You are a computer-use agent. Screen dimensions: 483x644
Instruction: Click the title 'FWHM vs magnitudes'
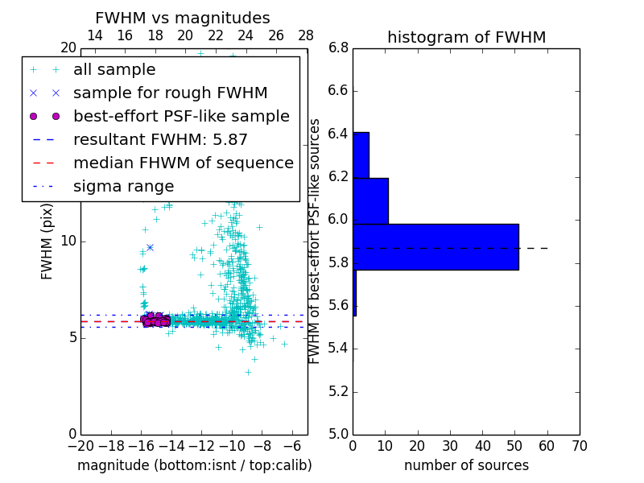pos(182,18)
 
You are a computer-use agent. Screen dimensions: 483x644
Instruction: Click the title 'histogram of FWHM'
pos(466,37)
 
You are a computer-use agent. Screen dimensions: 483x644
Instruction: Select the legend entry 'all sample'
pos(114,70)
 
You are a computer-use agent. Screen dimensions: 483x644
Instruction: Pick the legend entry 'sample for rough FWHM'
pos(170,93)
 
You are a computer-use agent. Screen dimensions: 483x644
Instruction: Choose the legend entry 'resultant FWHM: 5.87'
pos(160,140)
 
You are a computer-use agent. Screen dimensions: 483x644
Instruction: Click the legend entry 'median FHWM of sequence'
pos(183,163)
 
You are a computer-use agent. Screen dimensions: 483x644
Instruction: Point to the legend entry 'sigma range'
pos(123,187)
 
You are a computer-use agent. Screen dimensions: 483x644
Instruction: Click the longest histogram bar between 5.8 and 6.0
pos(436,246)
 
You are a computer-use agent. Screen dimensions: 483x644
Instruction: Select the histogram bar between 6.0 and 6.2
pos(370,200)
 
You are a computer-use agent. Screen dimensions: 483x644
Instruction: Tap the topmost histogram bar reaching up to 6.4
pos(361,155)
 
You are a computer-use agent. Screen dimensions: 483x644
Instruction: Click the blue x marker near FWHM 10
pos(150,247)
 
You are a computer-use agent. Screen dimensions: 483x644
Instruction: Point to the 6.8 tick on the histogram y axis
pos(338,48)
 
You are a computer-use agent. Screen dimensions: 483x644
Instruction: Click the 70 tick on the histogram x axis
pos(579,446)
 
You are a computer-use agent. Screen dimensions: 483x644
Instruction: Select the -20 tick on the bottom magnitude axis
pos(80,446)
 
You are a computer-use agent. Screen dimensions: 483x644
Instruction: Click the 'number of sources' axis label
pos(466,465)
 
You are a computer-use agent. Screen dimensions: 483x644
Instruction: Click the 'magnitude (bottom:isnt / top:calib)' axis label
pos(194,465)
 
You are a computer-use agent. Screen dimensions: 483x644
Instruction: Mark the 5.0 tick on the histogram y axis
pos(338,434)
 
